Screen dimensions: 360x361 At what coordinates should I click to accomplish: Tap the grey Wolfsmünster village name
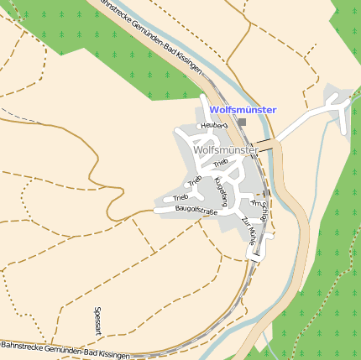225,150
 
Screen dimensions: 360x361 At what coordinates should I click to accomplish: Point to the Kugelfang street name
221,191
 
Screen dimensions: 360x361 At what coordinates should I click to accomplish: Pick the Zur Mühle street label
250,230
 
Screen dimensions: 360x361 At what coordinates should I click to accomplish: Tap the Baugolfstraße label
196,211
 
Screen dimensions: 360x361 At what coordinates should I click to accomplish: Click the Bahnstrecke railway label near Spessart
65,350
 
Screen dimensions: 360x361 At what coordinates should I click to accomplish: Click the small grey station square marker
242,123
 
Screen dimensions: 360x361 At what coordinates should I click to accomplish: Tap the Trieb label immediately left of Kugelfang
195,180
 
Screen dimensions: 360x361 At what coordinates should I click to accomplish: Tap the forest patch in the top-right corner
348,34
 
